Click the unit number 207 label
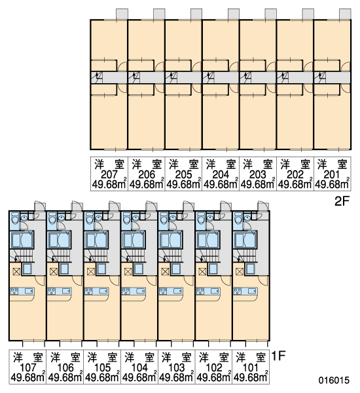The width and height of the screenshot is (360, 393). click(x=109, y=174)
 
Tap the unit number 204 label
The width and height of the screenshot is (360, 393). click(x=221, y=174)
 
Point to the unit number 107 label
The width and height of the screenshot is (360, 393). click(x=27, y=367)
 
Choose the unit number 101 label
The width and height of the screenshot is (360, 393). click(x=250, y=367)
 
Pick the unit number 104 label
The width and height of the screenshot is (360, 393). click(x=139, y=367)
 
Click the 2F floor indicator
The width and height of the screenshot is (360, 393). click(x=342, y=201)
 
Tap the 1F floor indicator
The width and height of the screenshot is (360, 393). click(x=278, y=356)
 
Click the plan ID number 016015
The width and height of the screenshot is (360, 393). click(x=334, y=380)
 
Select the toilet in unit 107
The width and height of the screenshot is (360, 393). click(x=15, y=218)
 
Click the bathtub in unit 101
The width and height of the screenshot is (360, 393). click(x=245, y=240)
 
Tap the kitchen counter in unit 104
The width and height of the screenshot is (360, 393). click(x=134, y=291)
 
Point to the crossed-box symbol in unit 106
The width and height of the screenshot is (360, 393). click(x=54, y=271)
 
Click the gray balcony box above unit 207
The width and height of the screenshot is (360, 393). click(x=122, y=14)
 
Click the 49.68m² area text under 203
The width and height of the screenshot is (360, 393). click(x=257, y=185)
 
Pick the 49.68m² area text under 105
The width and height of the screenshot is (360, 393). click(x=102, y=378)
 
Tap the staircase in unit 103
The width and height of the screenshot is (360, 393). click(x=170, y=255)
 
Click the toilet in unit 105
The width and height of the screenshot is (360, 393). click(x=89, y=218)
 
